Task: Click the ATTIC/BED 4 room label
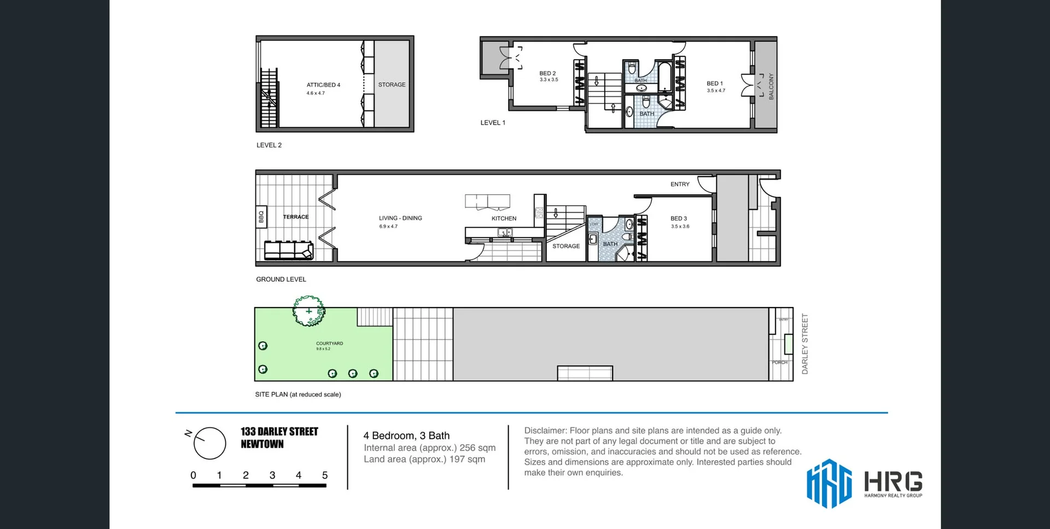pos(323,85)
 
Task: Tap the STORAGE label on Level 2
pos(392,85)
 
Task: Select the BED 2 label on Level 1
pos(547,73)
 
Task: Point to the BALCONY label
pos(771,86)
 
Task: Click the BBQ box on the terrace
pos(261,217)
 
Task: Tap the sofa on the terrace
pos(289,250)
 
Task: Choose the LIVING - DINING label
pos(400,218)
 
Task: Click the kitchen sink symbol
pos(504,232)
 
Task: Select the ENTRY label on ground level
pos(680,184)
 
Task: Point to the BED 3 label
pos(679,218)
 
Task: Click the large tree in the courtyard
pos(308,311)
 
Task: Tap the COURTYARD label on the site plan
pos(329,344)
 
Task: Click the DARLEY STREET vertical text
pos(804,344)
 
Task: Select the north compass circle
pos(210,443)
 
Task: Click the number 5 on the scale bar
pos(325,475)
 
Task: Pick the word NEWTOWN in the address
pos(262,444)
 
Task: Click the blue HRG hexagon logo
pos(829,483)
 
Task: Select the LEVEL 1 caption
pos(493,123)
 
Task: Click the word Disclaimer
pos(544,431)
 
